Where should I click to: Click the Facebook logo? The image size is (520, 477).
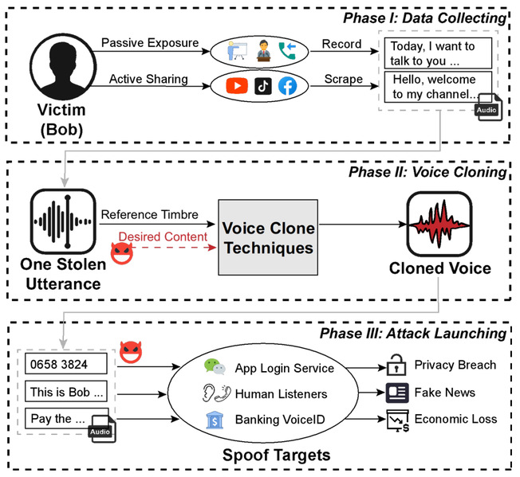point(286,85)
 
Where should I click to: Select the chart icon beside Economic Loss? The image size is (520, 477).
point(396,420)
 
